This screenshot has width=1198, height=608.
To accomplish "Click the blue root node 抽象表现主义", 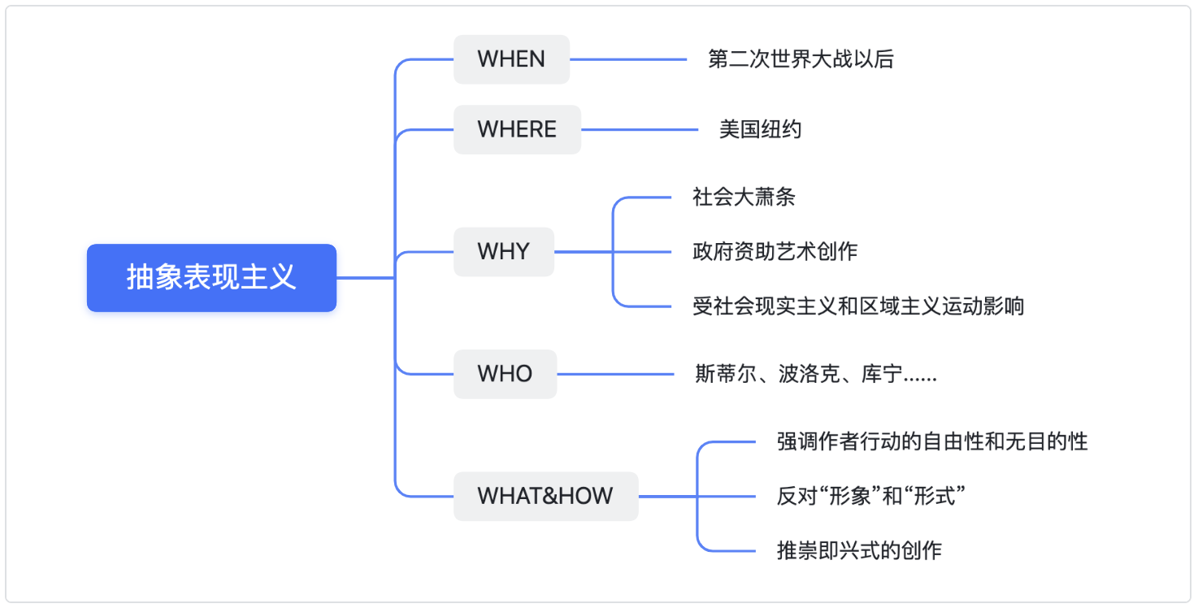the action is [x=211, y=277].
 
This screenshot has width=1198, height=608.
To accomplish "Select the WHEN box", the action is [x=511, y=59].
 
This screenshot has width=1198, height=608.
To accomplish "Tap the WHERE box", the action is [x=517, y=129].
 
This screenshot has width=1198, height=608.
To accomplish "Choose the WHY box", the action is [x=504, y=251].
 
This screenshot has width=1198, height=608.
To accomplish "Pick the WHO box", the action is [x=505, y=374].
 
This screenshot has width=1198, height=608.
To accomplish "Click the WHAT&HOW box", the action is [x=545, y=497].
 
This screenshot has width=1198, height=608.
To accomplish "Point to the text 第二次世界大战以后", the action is [x=801, y=59].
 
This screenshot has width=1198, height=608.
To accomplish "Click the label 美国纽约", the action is [x=760, y=129].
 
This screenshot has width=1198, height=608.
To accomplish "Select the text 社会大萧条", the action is [x=744, y=197].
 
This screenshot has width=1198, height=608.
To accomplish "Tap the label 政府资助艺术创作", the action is [x=775, y=251].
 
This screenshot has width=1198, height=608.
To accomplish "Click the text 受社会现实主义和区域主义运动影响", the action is [x=857, y=306].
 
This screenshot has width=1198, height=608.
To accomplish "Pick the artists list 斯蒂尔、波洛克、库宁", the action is [x=816, y=374].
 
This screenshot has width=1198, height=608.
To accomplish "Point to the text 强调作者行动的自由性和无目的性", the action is [x=932, y=441].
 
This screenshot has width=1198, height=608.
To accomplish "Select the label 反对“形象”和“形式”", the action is [x=870, y=497].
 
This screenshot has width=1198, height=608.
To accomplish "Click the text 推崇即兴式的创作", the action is [x=859, y=551].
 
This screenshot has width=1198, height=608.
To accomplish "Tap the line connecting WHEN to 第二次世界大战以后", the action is [x=628, y=59].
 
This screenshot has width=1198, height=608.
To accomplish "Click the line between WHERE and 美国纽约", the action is [x=640, y=129].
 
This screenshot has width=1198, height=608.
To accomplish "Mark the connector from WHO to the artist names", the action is [x=615, y=374].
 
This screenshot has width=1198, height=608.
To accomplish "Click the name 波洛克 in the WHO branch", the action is [x=809, y=374].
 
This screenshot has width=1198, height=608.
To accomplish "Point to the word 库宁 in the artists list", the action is [x=881, y=374].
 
